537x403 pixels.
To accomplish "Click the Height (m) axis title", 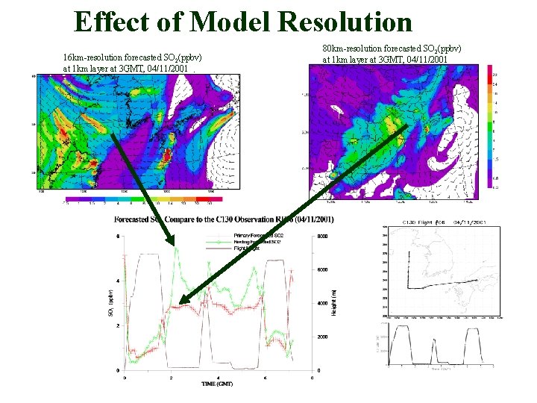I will (336, 302).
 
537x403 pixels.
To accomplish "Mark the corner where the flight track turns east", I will (407, 287).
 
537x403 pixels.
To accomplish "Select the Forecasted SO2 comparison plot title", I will (224, 219).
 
